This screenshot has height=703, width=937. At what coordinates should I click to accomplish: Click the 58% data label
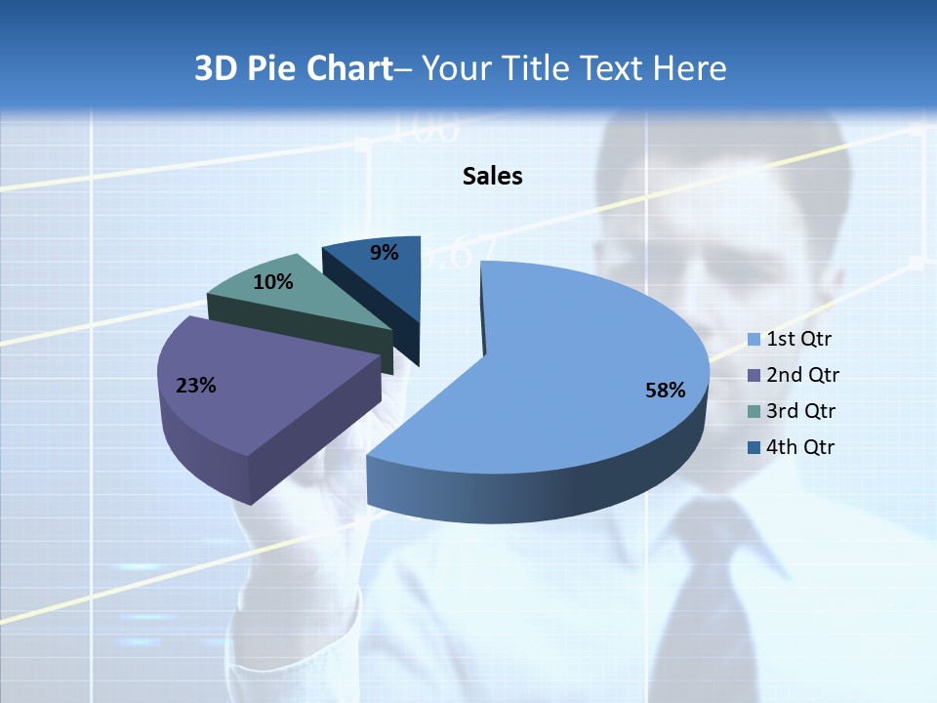[x=665, y=391]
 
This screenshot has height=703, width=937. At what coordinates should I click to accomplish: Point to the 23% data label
[x=195, y=386]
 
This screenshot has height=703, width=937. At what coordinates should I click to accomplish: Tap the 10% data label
[x=273, y=282]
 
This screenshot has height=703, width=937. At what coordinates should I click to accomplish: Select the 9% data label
[x=385, y=253]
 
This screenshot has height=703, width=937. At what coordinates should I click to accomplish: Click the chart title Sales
[x=492, y=176]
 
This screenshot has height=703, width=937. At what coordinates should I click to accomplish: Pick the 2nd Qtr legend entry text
[x=802, y=375]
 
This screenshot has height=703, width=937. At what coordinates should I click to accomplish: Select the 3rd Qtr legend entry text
[x=801, y=411]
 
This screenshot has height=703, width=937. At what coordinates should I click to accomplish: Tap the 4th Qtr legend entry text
[x=800, y=447]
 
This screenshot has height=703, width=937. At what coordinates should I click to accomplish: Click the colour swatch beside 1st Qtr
[x=754, y=340]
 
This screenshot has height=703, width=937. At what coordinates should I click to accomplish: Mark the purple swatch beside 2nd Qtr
[x=754, y=376]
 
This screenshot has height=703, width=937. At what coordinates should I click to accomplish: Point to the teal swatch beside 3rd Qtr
[x=754, y=412]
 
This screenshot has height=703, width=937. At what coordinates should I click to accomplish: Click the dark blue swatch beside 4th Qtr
[x=754, y=448]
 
